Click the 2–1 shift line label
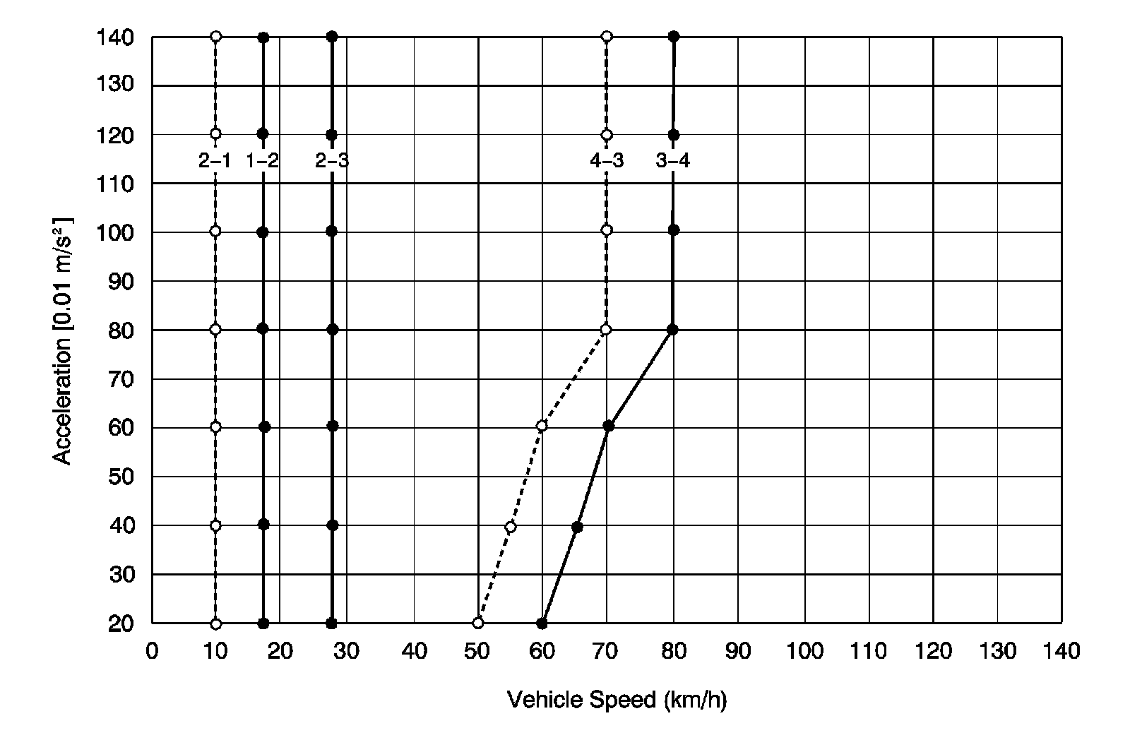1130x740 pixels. point(214,161)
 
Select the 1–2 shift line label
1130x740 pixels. point(263,161)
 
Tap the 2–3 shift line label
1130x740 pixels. point(332,161)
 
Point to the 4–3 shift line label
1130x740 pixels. point(607,161)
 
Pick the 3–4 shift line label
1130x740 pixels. point(673,161)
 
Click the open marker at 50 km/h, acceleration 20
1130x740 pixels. point(478,623)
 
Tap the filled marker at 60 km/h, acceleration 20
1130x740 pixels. point(542,623)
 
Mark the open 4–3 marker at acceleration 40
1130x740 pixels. point(511,527)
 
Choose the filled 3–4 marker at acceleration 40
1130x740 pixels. point(577,527)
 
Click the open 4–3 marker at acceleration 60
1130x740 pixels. point(542,426)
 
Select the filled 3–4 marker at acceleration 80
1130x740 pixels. point(672,329)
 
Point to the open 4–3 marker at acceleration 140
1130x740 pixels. point(607,36)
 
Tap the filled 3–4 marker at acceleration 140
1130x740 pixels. point(674,36)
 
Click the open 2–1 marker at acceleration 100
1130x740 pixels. point(215,231)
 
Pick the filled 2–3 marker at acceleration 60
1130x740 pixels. point(333,426)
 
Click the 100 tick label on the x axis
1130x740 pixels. point(805,651)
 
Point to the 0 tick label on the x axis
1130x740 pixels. point(152,651)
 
